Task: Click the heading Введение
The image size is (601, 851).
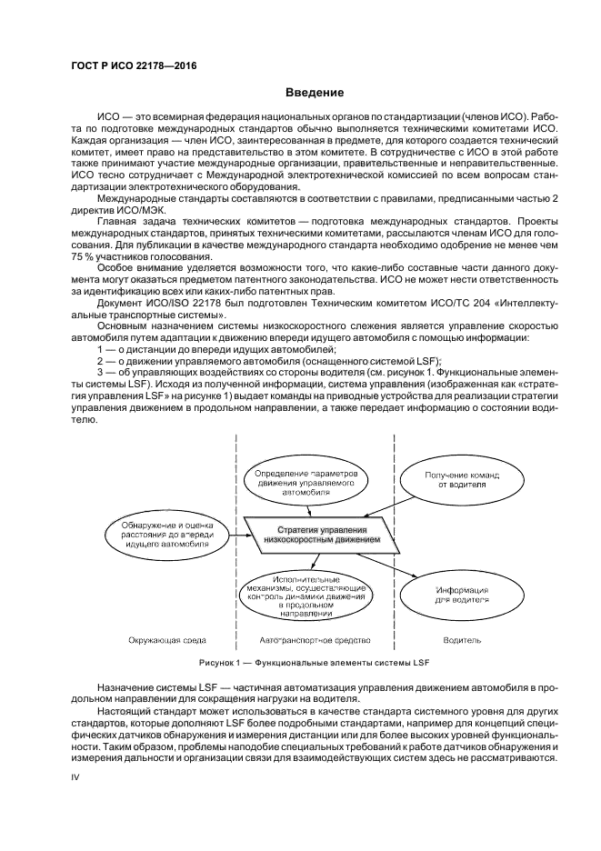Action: coord(315,94)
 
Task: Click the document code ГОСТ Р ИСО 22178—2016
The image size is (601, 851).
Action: coord(133,66)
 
